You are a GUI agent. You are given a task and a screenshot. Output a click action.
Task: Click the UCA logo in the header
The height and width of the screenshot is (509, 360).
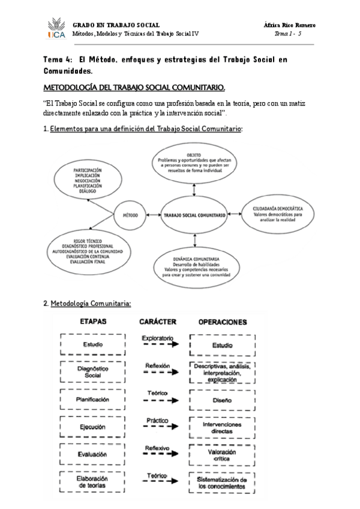(x=56, y=29)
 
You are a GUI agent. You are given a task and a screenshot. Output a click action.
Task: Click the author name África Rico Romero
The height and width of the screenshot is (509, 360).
(x=290, y=25)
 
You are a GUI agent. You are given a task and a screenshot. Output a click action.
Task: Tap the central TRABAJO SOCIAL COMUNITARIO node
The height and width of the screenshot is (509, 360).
(x=194, y=214)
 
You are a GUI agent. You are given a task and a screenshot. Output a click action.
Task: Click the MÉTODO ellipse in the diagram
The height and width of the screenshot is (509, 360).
(x=131, y=214)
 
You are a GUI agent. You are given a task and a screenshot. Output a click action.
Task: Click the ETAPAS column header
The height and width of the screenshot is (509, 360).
(x=94, y=322)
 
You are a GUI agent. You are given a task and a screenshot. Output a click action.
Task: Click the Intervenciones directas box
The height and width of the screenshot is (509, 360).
(x=222, y=427)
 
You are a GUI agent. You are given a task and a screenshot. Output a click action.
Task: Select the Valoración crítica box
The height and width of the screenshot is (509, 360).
(x=222, y=455)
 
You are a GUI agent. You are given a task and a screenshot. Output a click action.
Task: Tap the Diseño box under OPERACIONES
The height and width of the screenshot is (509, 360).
(x=222, y=399)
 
